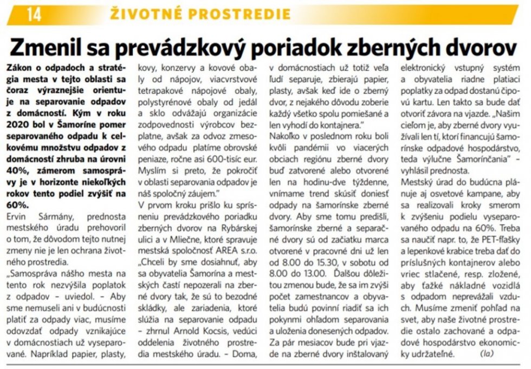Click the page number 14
34,14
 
